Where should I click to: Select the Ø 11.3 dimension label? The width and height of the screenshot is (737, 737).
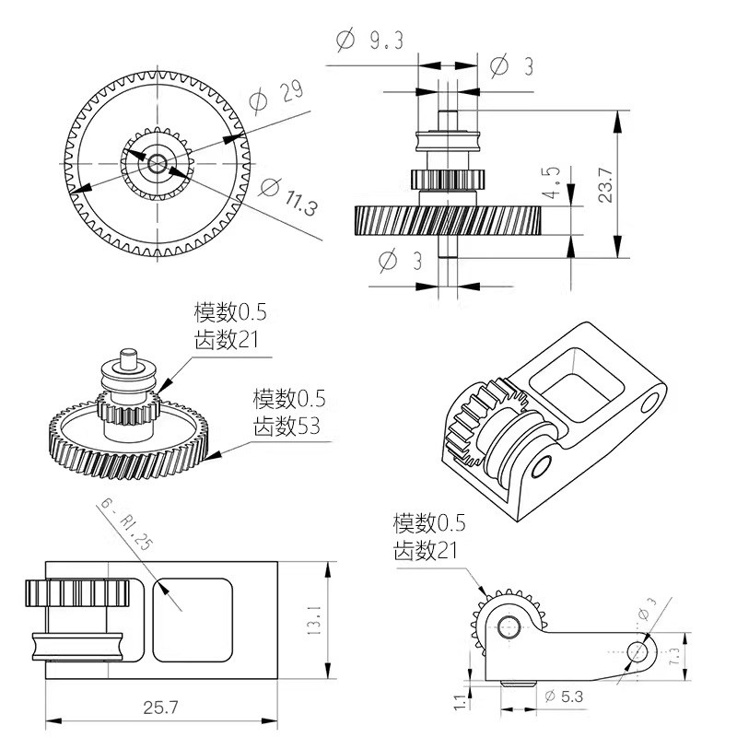point(288,195)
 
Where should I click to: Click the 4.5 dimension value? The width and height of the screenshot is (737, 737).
point(553,183)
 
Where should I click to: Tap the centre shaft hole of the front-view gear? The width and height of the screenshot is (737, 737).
point(158,164)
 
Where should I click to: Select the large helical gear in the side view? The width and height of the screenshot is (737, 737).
point(448,221)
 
